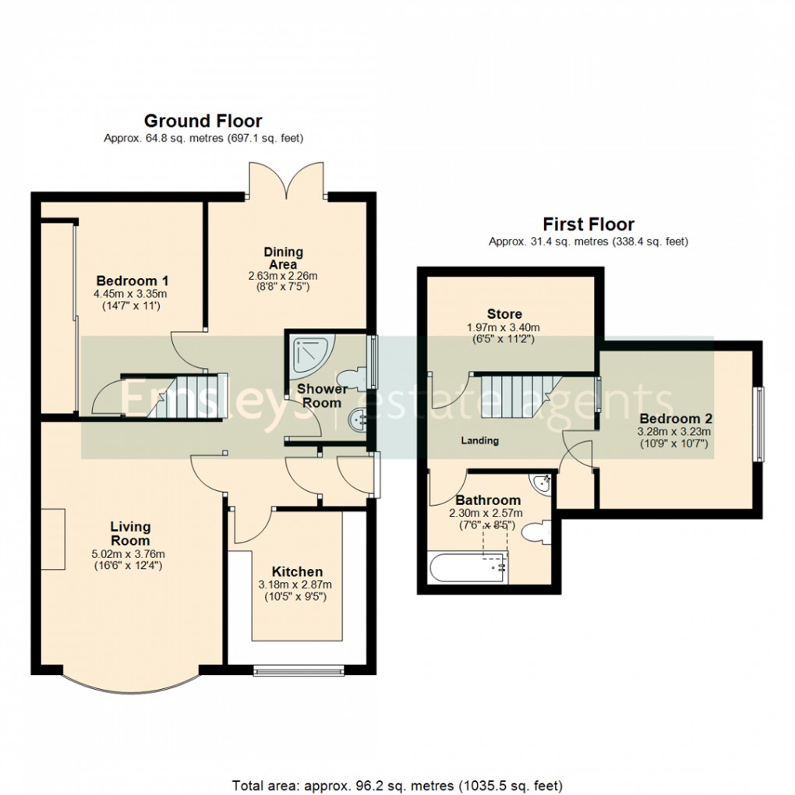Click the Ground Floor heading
[203, 121]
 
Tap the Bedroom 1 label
[132, 281]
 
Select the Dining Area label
[283, 258]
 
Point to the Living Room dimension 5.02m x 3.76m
[129, 554]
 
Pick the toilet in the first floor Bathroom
[535, 534]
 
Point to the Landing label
[479, 440]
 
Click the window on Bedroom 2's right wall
[758, 425]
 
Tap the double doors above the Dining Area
[285, 179]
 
